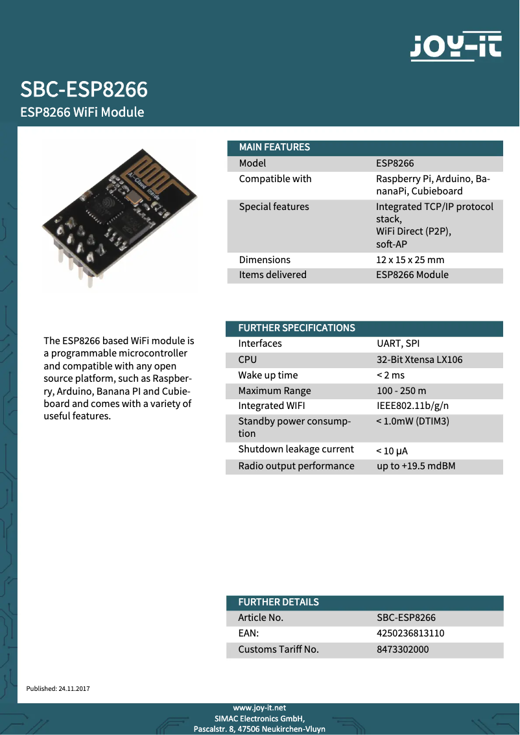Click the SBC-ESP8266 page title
click(x=84, y=89)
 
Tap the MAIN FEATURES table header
click(x=274, y=147)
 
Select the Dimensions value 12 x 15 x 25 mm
click(x=410, y=260)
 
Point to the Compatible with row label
click(x=275, y=179)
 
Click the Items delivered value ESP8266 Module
click(x=412, y=275)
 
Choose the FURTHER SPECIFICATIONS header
click(x=296, y=328)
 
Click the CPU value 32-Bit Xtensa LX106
click(x=420, y=360)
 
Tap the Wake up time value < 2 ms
click(x=390, y=375)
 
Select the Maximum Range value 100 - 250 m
click(x=401, y=391)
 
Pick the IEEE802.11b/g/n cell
click(x=412, y=406)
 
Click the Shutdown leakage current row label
click(x=296, y=449)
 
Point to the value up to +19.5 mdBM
click(x=416, y=466)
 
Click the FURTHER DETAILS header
click(x=278, y=602)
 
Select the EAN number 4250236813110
click(x=410, y=633)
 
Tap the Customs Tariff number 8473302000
click(x=403, y=649)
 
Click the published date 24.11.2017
click(x=74, y=688)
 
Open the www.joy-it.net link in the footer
click(x=259, y=708)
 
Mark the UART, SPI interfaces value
click(x=398, y=344)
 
